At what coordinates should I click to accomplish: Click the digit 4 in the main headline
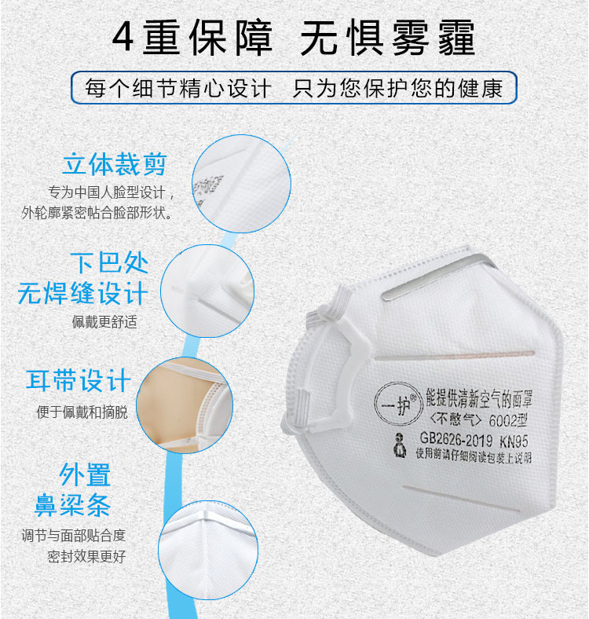tap(123, 37)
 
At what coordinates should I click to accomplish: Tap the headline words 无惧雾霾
tap(387, 38)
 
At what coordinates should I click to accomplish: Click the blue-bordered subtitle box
tap(294, 88)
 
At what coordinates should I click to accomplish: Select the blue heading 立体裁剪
tap(115, 164)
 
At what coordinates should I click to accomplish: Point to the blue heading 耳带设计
tap(79, 380)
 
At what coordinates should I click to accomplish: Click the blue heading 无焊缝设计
tap(83, 293)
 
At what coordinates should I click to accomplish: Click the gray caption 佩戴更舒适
tap(104, 322)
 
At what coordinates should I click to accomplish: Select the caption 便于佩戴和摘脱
tap(82, 412)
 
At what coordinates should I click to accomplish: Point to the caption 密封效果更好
tap(86, 556)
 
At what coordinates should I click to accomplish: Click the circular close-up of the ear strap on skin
tap(185, 405)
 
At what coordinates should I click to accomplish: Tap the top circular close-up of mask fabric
tap(242, 184)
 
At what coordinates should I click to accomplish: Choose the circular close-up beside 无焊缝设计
tap(207, 291)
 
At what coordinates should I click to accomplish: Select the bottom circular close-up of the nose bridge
tap(208, 550)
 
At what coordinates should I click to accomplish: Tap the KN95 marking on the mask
tap(514, 441)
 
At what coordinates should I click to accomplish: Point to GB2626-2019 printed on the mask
tap(456, 438)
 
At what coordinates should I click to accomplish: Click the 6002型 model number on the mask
tap(508, 420)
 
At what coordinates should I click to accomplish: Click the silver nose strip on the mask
tap(437, 277)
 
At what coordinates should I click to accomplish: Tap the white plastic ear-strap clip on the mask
tap(347, 375)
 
